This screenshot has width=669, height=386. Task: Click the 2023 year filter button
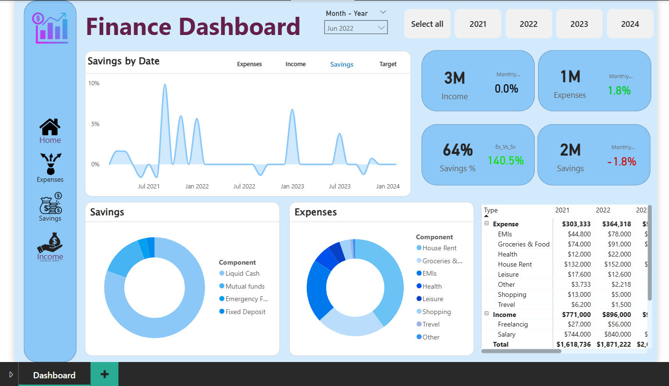pos(579,24)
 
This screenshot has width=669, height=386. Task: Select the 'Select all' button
pos(427,24)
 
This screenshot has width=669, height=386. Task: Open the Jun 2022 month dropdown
pos(356,28)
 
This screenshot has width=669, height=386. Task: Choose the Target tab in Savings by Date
pos(387,64)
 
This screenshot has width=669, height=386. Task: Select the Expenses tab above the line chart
pos(249,64)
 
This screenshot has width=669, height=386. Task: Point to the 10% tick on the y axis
pos(94,83)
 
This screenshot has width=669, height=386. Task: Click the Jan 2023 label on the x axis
pos(292,187)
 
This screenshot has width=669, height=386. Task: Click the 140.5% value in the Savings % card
pos(505,161)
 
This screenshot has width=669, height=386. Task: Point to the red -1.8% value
pos(621,162)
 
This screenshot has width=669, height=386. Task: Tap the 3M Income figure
pos(454,78)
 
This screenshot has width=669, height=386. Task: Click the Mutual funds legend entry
pos(245,286)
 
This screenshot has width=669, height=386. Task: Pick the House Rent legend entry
pos(439,248)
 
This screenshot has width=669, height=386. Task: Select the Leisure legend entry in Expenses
pos(432,299)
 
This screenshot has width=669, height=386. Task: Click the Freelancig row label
pos(513,324)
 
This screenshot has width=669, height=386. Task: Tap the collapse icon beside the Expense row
pos(486,224)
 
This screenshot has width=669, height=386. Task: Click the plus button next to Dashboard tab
pos(105,374)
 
